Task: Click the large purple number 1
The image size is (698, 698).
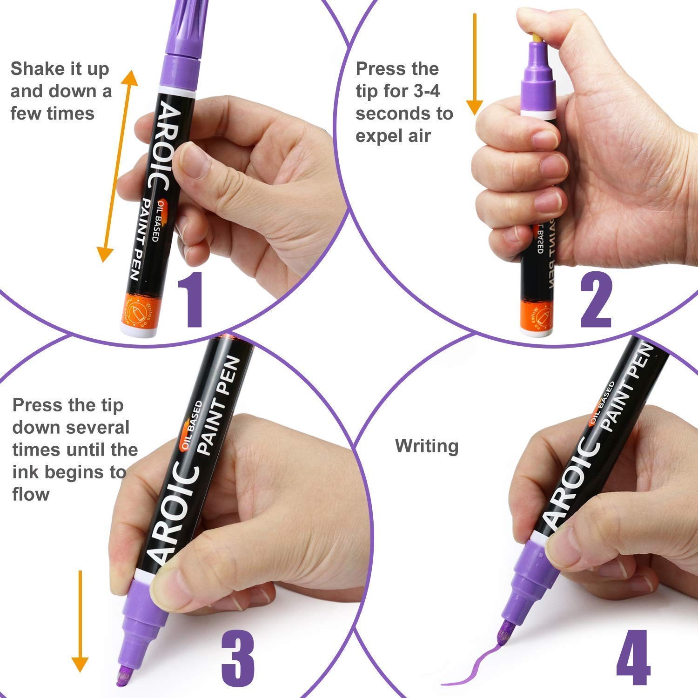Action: (x=191, y=300)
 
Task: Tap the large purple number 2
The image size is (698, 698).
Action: (x=596, y=300)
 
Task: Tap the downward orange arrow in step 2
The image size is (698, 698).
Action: (x=475, y=65)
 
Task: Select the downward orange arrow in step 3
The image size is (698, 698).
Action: (x=80, y=621)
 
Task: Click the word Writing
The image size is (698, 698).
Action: (x=426, y=446)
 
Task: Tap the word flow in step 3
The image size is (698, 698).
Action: (x=31, y=494)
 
